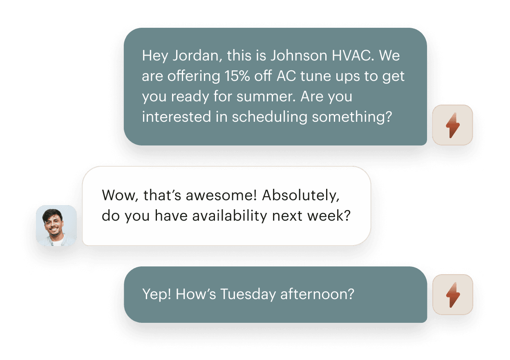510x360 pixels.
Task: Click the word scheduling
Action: (270, 117)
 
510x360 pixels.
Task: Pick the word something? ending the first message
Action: (352, 117)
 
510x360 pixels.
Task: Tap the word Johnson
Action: (299, 56)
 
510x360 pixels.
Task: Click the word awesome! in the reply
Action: (221, 195)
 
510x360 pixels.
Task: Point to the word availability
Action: (230, 216)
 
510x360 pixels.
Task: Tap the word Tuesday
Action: (248, 294)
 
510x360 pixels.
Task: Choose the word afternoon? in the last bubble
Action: (317, 294)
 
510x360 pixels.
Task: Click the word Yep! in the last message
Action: (157, 294)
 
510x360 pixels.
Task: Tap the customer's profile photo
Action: (56, 226)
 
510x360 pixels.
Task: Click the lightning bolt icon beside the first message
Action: (453, 125)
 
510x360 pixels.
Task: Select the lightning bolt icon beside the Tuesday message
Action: (453, 295)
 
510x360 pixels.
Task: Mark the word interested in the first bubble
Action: (177, 117)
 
